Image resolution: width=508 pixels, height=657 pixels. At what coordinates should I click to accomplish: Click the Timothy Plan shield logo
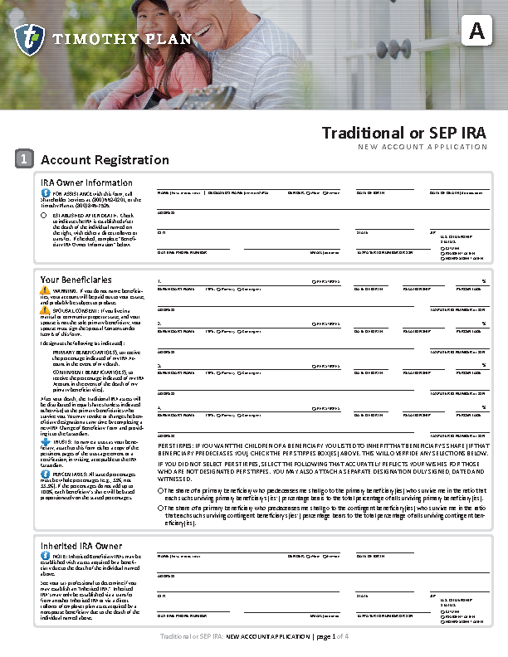point(29,38)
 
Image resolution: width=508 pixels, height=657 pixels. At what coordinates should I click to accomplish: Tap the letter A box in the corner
point(476,32)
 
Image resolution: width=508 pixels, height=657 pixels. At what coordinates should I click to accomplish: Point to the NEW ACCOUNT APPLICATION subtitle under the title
point(423,147)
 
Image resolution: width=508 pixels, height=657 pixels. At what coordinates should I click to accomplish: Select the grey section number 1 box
point(25,159)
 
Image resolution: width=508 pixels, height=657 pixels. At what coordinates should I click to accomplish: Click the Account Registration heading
point(105,160)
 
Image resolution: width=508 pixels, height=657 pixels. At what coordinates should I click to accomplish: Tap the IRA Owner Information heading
point(86,182)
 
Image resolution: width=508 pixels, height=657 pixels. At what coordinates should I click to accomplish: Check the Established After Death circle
point(44,216)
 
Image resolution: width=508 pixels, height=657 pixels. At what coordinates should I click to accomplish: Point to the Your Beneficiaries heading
point(76,280)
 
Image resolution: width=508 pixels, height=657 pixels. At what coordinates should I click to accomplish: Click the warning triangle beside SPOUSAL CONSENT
point(45,310)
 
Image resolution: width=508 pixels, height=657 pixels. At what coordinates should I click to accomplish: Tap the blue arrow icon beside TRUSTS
point(45,442)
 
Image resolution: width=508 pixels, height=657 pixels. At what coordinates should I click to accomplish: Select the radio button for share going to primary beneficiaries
point(161,490)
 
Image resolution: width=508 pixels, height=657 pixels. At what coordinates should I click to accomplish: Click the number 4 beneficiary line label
point(159,409)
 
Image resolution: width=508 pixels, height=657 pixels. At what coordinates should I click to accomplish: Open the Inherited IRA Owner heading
point(81,545)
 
